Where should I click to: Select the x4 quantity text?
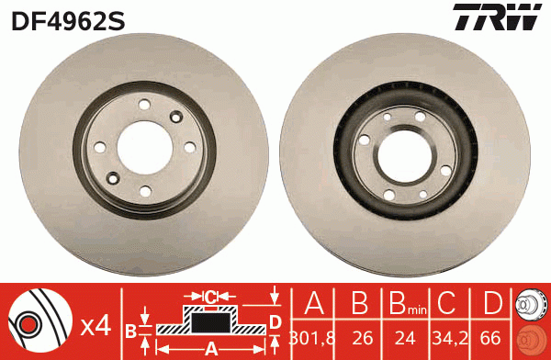pos(96,324)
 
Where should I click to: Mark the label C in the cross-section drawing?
pos(209,297)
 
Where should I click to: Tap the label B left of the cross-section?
pos(130,328)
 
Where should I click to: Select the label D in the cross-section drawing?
pos(275,321)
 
